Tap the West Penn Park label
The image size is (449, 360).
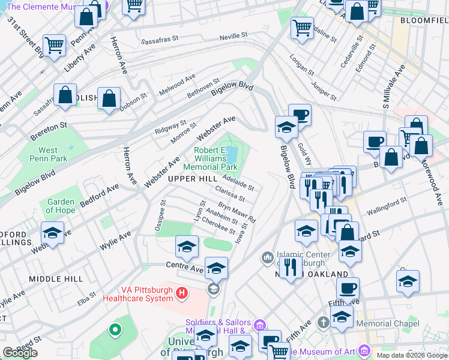point(48,155)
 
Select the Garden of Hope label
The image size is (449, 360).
point(61,206)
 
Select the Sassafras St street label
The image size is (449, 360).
point(160,42)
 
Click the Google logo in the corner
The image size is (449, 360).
point(20,353)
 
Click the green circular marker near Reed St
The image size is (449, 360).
point(114,329)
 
